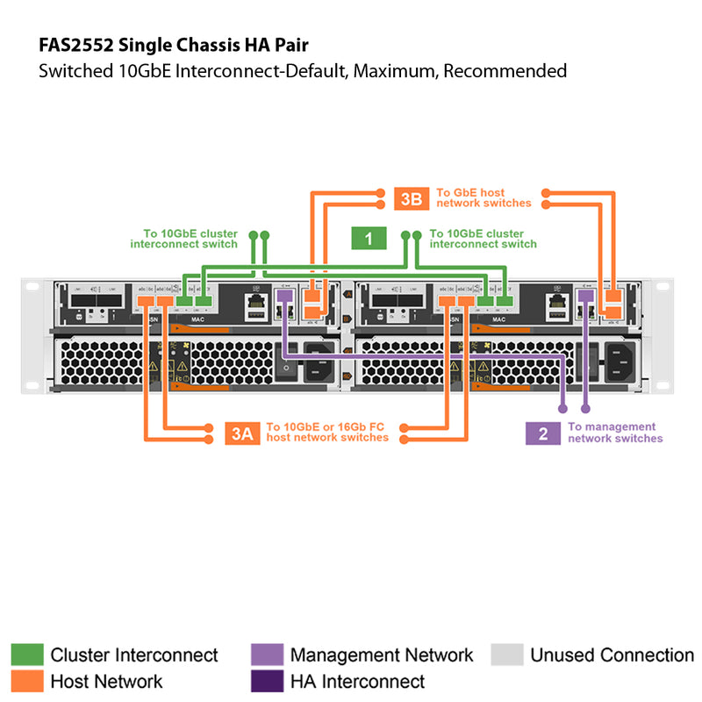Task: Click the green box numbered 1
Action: pyautogui.click(x=369, y=239)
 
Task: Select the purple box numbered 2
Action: pyautogui.click(x=543, y=433)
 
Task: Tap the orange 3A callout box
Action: pyautogui.click(x=241, y=433)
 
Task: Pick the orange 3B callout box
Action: pyautogui.click(x=411, y=198)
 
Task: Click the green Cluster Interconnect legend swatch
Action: pyautogui.click(x=26, y=655)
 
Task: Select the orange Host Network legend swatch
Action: pyautogui.click(x=26, y=681)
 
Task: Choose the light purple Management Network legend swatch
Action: pyautogui.click(x=267, y=655)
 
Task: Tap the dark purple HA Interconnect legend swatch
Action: pyautogui.click(x=267, y=681)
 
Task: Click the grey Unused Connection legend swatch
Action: pyautogui.click(x=506, y=655)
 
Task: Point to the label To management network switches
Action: pyautogui.click(x=614, y=433)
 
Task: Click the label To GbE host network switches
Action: pyautogui.click(x=484, y=197)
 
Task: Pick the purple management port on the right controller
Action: pyautogui.click(x=586, y=297)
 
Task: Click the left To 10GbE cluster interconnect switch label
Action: pyautogui.click(x=183, y=239)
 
